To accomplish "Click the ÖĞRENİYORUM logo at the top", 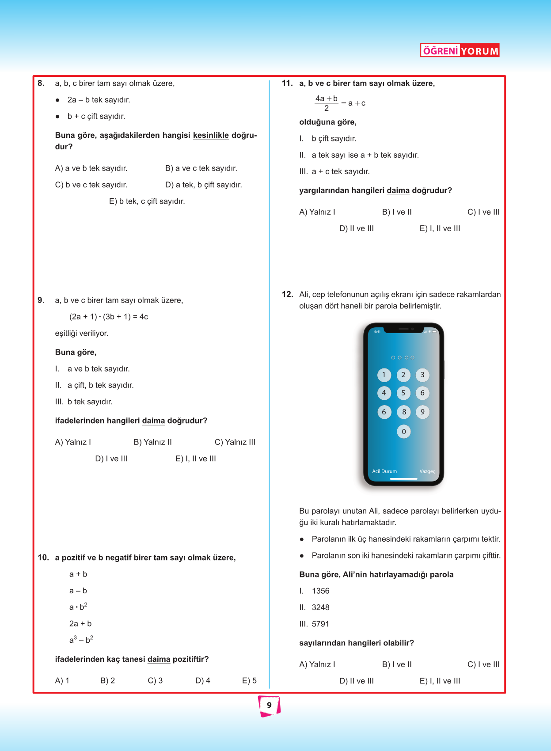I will click(460, 50).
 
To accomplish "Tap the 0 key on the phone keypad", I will click(403, 432).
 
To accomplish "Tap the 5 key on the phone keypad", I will click(403, 393).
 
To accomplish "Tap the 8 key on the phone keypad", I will click(403, 412).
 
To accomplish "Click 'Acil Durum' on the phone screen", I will click(384, 471).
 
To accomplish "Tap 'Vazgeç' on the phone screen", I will click(427, 471).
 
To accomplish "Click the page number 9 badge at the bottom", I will click(269, 705).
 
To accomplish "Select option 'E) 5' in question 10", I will click(249, 681).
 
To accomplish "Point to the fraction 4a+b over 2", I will click(326, 103).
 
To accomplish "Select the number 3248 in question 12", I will click(320, 607).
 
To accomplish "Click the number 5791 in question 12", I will click(320, 624).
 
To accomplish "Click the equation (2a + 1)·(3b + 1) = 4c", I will click(109, 317).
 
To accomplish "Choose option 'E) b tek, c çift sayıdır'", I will click(147, 201).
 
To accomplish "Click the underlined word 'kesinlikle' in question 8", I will click(211, 135).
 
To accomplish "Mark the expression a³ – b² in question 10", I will click(81, 640).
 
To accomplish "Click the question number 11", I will click(287, 83).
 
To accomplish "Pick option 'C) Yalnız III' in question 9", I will click(235, 442).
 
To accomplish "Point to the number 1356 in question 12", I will click(320, 591).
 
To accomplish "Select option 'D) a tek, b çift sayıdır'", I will click(203, 185).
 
